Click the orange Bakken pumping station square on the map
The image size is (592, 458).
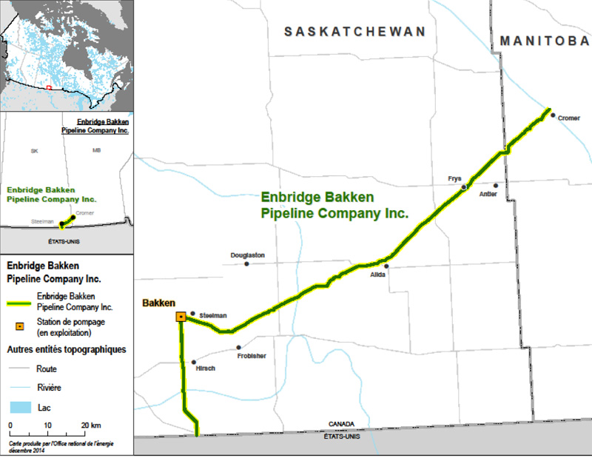(181, 317)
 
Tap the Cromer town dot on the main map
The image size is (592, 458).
(553, 115)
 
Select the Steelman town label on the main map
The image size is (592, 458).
(212, 314)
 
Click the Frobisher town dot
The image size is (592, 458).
(239, 347)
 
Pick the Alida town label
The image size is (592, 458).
(378, 275)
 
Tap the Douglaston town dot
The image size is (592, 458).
(246, 263)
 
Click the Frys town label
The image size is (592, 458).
(454, 178)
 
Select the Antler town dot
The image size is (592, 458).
(497, 185)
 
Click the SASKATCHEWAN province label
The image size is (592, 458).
(356, 32)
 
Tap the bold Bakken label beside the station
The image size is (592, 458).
(158, 303)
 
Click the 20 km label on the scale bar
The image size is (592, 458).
(90, 425)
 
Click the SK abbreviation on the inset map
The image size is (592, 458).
(34, 151)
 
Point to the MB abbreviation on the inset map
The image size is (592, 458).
(96, 151)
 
